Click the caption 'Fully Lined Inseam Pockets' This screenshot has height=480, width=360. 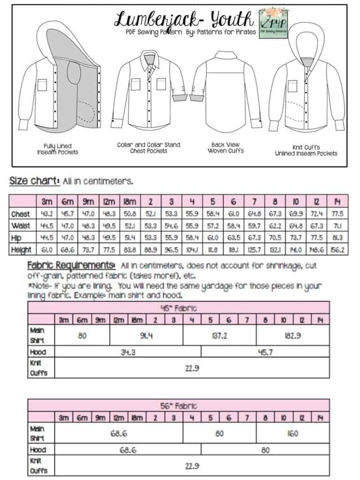[x=58, y=149]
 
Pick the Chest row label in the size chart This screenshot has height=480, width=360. [x=20, y=214]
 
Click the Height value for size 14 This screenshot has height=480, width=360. [x=338, y=250]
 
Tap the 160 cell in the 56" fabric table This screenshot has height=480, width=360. [x=292, y=434]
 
